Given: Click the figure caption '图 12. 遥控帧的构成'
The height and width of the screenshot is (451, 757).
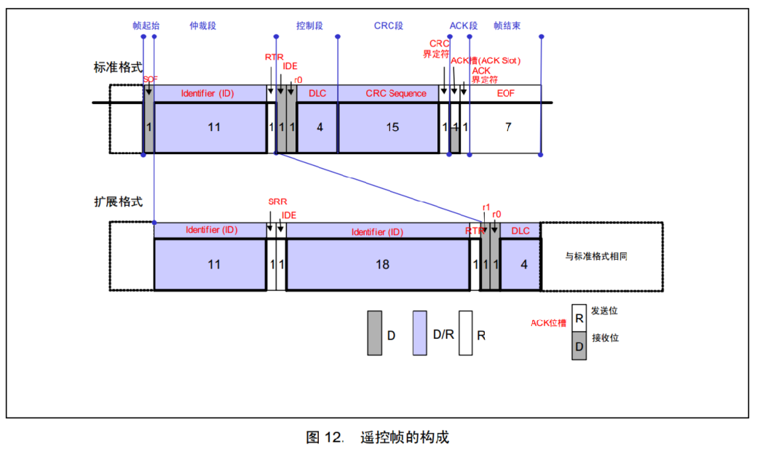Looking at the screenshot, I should click(x=377, y=437).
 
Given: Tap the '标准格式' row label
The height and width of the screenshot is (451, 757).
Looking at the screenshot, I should click(x=118, y=68).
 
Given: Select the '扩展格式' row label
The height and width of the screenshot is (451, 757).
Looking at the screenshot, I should click(x=118, y=201).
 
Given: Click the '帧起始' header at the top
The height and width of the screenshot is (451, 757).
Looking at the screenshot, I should click(x=146, y=25).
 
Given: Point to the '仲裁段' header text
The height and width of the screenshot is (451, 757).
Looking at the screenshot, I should click(x=203, y=25).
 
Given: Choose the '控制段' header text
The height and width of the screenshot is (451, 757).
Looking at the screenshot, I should click(x=309, y=25).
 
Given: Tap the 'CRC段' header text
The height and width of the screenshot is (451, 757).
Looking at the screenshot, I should click(x=389, y=25).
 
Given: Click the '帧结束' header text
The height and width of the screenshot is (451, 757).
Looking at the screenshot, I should click(x=507, y=25).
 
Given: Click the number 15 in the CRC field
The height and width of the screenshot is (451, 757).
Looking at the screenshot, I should click(x=392, y=127).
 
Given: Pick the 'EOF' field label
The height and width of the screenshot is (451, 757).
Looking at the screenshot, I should click(x=505, y=93).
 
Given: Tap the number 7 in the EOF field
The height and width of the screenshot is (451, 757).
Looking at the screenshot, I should click(x=508, y=127).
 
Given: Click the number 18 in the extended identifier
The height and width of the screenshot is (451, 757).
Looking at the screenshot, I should click(x=382, y=265).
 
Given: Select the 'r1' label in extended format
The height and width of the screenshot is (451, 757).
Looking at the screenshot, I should click(x=485, y=207).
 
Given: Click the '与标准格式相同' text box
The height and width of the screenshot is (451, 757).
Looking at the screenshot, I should click(x=601, y=256).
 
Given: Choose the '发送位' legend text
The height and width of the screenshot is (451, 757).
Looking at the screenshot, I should click(x=604, y=311).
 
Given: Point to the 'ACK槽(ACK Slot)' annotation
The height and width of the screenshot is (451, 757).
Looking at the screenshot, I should click(x=485, y=60).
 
